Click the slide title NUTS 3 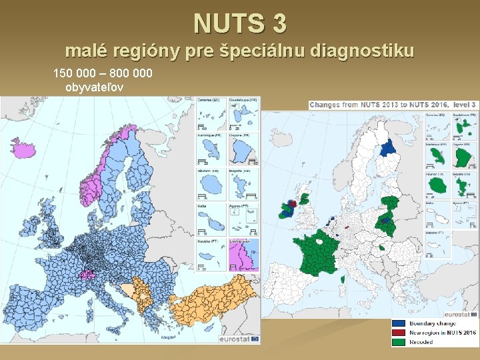point(240,23)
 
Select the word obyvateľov point(99,87)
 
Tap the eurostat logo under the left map point(239,339)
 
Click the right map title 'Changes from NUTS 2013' point(373,105)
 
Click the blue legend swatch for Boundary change point(398,323)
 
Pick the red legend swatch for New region point(398,333)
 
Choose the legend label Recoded point(421,342)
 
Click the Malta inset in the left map point(211,217)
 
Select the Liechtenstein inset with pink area point(243,253)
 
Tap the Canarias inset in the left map point(211,113)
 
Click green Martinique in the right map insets point(437,157)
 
